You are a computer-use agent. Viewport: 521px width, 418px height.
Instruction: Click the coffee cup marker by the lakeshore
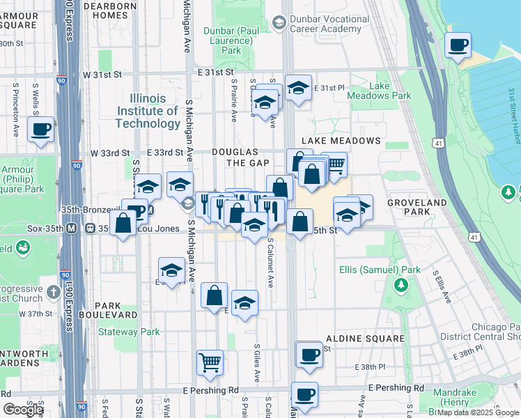(458, 47)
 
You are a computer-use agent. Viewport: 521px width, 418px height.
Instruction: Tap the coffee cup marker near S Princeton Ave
(40, 129)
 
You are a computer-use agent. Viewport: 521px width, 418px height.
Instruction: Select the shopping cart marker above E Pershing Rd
(210, 362)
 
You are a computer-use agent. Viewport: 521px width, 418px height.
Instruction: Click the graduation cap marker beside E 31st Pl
(298, 88)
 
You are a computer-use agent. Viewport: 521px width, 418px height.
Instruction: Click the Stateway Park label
(127, 332)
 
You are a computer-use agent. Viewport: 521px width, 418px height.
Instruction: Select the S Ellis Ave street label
(440, 285)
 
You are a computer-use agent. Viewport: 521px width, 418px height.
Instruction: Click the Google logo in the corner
(23, 409)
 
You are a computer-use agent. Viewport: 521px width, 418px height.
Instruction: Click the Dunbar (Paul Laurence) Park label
(231, 40)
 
